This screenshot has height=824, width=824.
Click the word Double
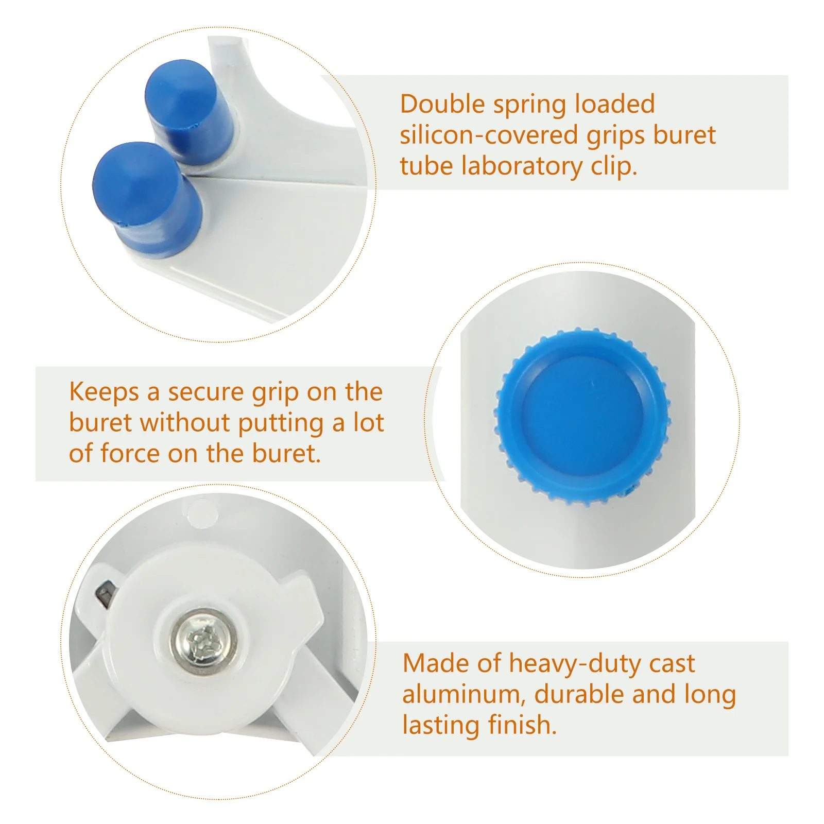pyautogui.click(x=442, y=105)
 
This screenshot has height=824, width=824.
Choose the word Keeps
pyautogui.click(x=104, y=392)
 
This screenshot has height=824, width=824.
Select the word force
pyautogui.click(x=130, y=454)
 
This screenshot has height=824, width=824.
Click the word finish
pyautogui.click(x=522, y=725)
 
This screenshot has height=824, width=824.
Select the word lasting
pyautogui.click(x=441, y=726)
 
